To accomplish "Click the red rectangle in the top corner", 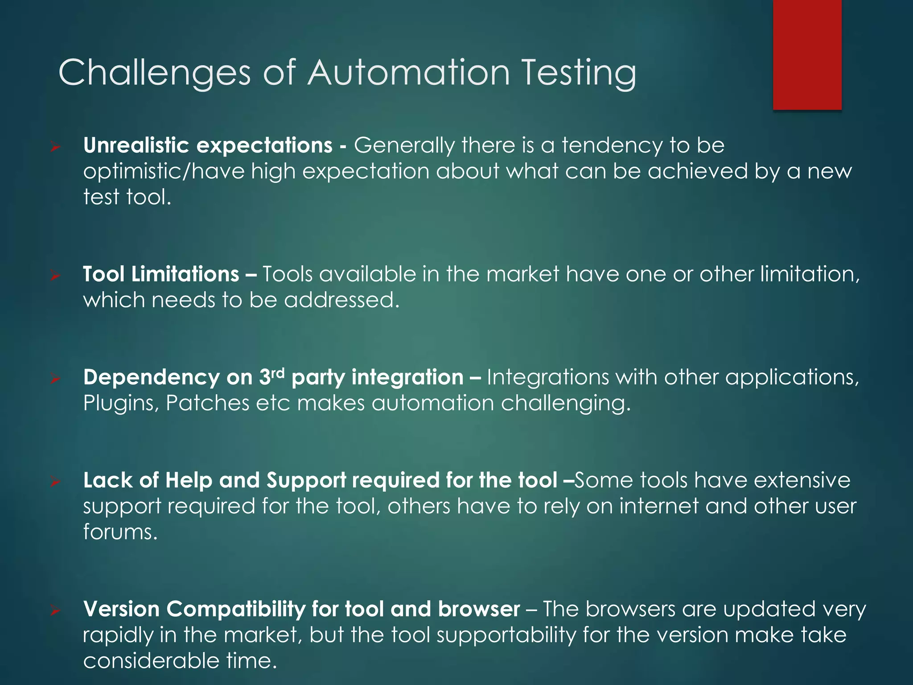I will [x=807, y=54].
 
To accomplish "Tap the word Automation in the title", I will [x=408, y=73].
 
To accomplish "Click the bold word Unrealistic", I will [x=136, y=145].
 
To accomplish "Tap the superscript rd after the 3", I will [x=277, y=372].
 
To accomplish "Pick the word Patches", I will [x=207, y=403].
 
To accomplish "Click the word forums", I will [x=120, y=532].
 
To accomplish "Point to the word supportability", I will [x=506, y=635].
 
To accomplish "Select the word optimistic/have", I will [x=164, y=172].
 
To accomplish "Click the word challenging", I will [x=566, y=404].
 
